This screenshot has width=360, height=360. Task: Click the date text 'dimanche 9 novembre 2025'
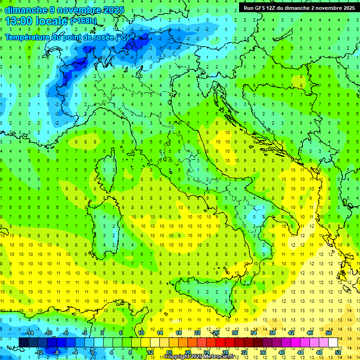pyautogui.click(x=65, y=10)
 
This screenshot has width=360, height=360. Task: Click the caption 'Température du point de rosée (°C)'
pyautogui.click(x=67, y=37)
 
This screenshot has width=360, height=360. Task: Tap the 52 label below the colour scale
pyautogui.click(x=338, y=352)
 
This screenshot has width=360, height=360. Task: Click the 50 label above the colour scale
pyautogui.click(x=329, y=333)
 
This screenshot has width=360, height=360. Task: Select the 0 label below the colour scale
pyautogui.click(x=93, y=352)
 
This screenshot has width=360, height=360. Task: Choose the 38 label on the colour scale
pyautogui.click(x=272, y=333)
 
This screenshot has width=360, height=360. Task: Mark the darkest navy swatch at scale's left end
pyautogui.click(x=23, y=342)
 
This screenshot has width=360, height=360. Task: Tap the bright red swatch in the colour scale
pyautogui.click(x=221, y=342)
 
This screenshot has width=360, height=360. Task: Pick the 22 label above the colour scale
pyautogui.click(x=197, y=333)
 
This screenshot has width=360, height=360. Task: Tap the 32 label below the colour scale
pyautogui.click(x=244, y=352)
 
